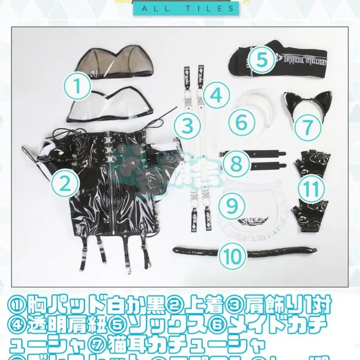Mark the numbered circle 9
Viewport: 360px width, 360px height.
(x=232, y=206)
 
